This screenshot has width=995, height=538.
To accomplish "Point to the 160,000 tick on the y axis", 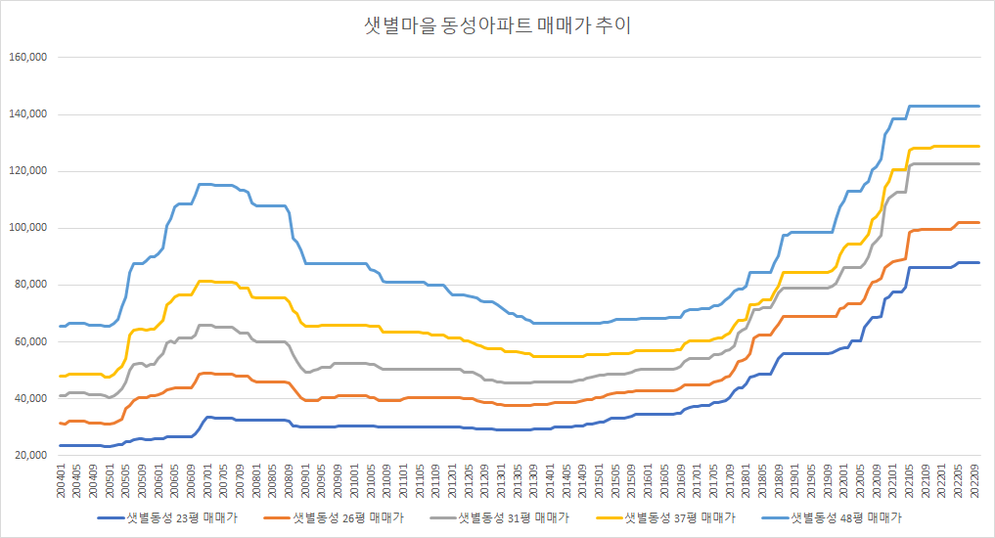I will tap(28, 58).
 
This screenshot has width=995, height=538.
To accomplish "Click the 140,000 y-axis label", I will tap(28, 114).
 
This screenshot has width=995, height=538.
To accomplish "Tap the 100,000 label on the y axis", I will tap(28, 228).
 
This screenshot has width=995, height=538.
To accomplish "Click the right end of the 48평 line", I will tap(978, 106).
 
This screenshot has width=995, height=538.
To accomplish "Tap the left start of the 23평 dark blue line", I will tap(61, 445).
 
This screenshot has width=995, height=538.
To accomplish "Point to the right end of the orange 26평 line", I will tap(978, 223).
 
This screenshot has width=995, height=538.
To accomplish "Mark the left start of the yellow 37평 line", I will tap(61, 376).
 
